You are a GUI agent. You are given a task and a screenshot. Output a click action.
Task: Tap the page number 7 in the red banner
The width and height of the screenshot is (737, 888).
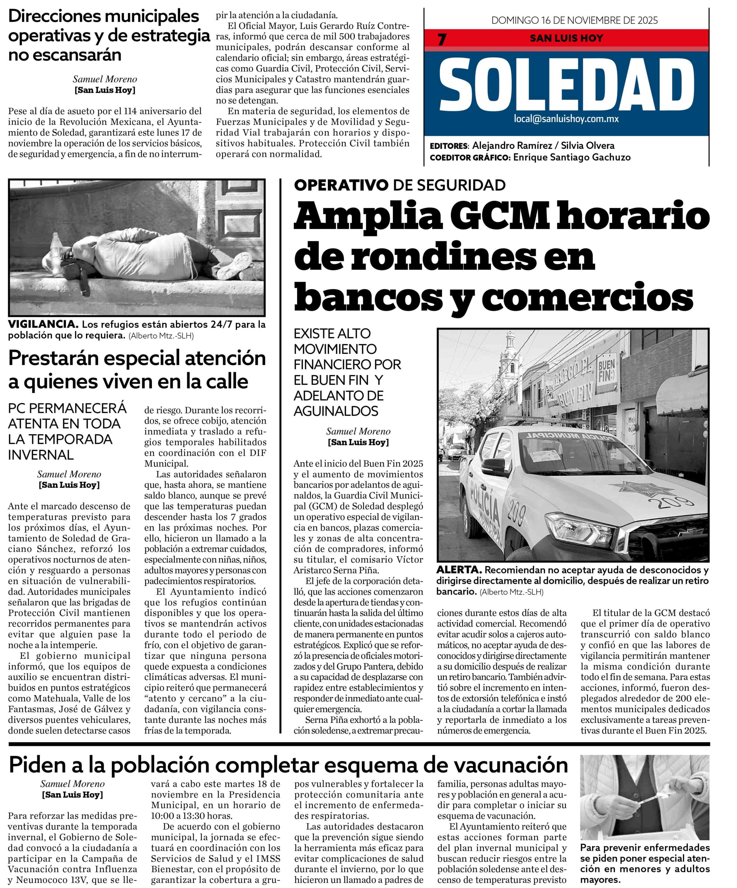442,39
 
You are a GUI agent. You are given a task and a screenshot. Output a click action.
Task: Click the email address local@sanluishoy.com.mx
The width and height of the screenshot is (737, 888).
566,119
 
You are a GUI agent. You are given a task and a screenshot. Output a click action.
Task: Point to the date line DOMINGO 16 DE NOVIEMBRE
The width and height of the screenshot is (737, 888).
574,20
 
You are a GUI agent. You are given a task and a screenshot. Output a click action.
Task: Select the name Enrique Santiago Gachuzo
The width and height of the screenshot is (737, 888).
571,157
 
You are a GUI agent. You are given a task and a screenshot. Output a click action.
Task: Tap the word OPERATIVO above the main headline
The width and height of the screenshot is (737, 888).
341,185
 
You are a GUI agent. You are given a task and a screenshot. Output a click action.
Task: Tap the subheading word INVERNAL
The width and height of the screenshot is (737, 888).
41,454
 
